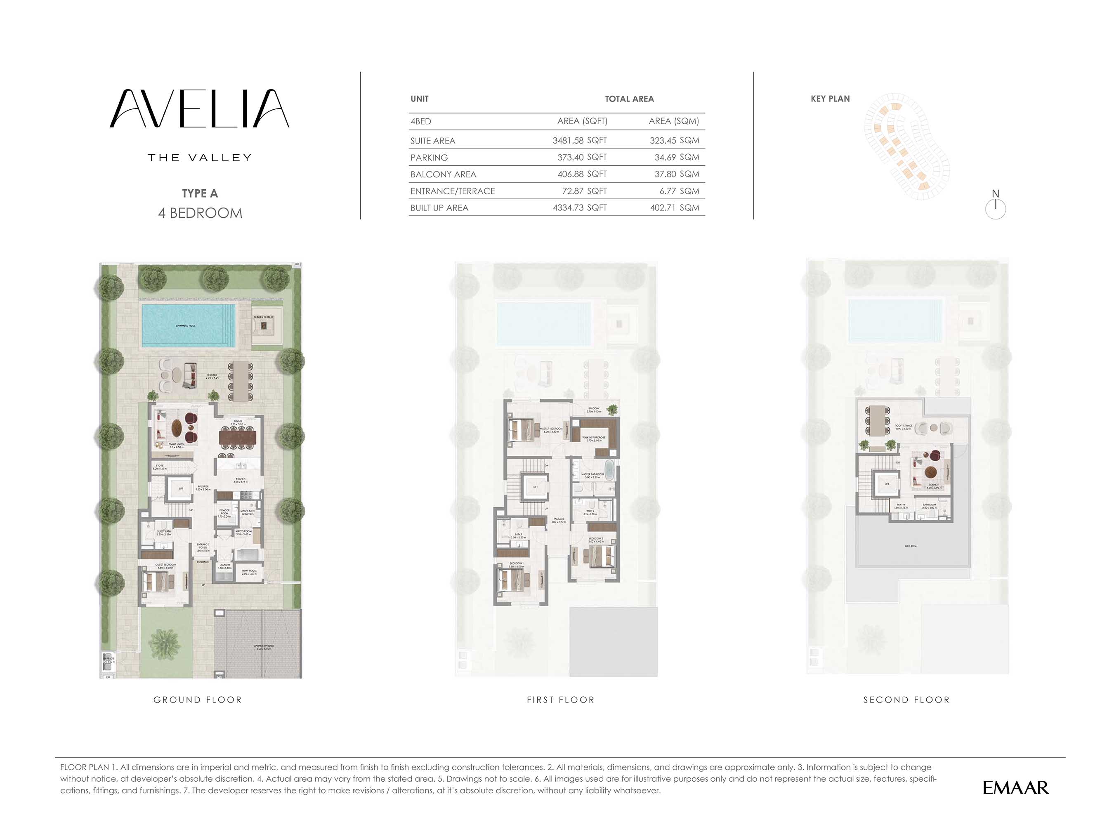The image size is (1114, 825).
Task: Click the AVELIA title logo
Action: [199, 108]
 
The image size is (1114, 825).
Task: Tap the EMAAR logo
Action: [1015, 787]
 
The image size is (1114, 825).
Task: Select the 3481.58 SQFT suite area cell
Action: [579, 140]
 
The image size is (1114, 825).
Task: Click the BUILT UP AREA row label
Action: [439, 208]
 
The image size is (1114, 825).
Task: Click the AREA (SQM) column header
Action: [673, 121]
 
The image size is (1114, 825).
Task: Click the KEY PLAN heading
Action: [830, 99]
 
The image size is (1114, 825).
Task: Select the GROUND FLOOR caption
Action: [198, 700]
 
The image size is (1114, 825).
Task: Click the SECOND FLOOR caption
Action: [906, 700]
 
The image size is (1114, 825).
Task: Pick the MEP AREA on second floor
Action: [910, 546]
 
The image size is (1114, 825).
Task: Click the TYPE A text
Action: [199, 193]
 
